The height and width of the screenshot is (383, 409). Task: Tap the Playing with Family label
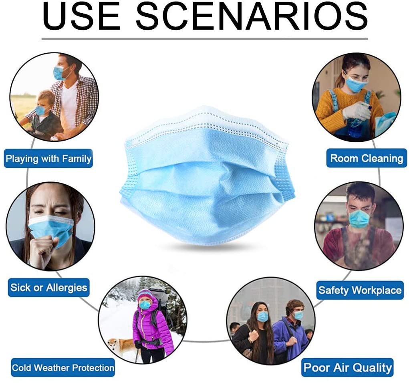[x=48, y=158]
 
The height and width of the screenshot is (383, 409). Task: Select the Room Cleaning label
[x=367, y=158]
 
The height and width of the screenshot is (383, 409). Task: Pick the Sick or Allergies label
[x=48, y=288]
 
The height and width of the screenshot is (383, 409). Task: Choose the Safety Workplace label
[x=360, y=290]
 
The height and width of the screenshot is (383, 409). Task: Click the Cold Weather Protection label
[x=63, y=368]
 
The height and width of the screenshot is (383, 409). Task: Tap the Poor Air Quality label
[x=347, y=368]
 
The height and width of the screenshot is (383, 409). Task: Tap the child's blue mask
[x=41, y=111]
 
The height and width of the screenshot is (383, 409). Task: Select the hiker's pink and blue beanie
[x=145, y=295]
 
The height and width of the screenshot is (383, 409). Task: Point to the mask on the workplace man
[x=359, y=218]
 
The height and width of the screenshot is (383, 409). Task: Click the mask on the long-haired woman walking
[x=262, y=316]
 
